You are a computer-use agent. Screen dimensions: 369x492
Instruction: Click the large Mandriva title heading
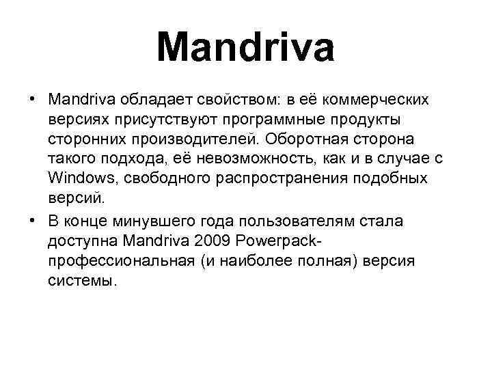tap(246, 49)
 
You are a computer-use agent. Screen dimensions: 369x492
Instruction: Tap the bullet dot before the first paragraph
tap(32, 100)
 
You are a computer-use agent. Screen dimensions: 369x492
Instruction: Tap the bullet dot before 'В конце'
tap(32, 221)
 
